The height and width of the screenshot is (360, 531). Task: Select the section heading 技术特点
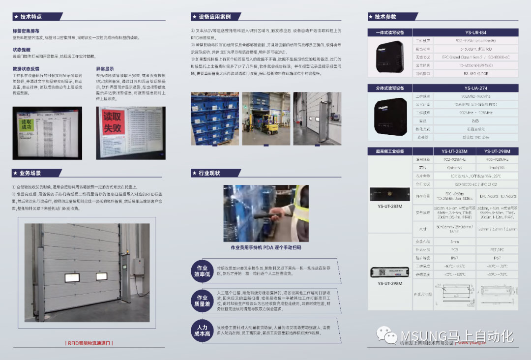coord(32,16)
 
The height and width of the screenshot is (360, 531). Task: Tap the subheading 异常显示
coord(105,69)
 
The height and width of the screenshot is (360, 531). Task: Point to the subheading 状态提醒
coord(21,50)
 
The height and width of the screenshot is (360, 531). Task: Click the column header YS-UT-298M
coord(497,151)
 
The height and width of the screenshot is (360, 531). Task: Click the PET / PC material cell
coord(497,249)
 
